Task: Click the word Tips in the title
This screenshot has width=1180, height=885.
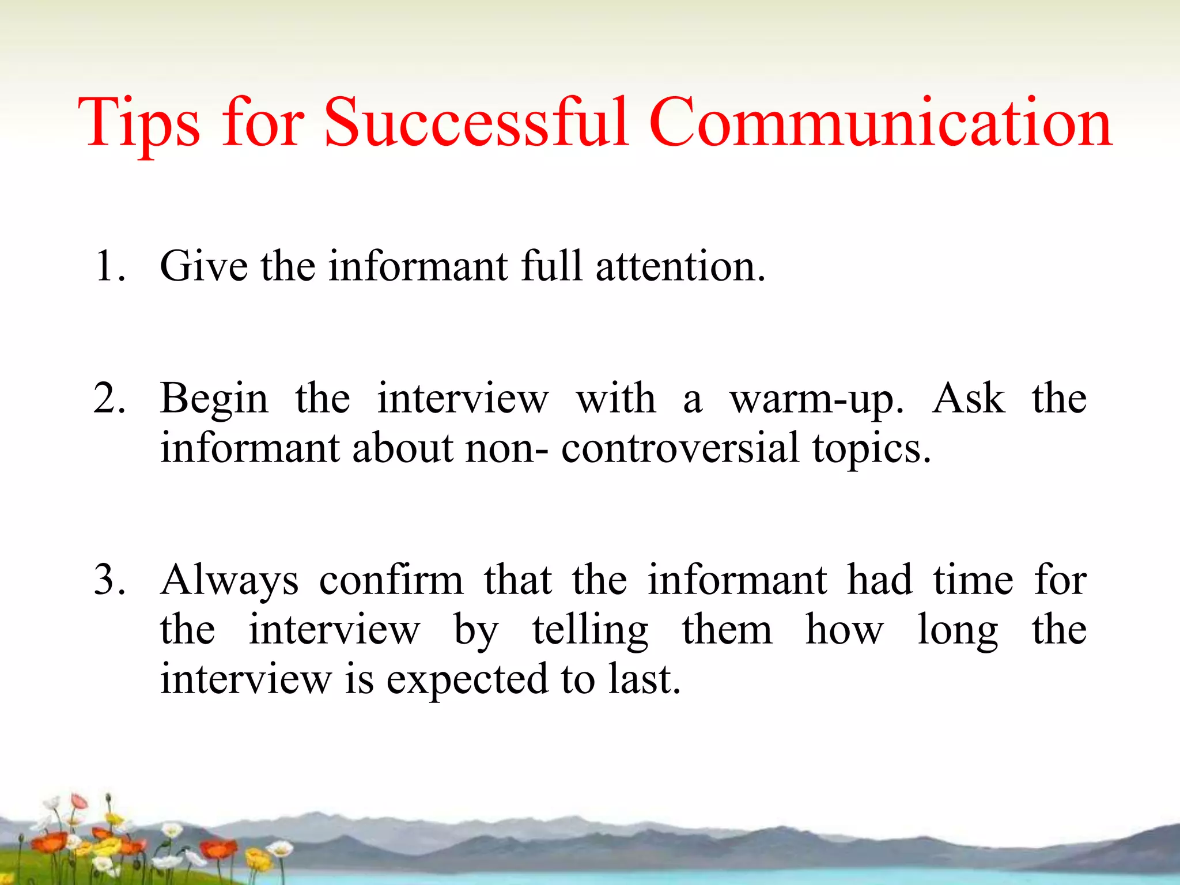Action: click(x=138, y=124)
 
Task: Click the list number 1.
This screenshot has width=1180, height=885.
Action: click(x=108, y=266)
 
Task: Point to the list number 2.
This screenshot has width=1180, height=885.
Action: click(x=109, y=399)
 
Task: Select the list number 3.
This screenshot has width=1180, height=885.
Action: click(x=109, y=580)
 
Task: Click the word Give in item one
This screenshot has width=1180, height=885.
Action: click(x=204, y=266)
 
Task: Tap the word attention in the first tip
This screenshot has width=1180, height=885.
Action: click(x=680, y=266)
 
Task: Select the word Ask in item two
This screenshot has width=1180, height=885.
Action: click(x=969, y=399)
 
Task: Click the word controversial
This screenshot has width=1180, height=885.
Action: click(x=680, y=448)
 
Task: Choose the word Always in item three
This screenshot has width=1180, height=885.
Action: click(x=229, y=581)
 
